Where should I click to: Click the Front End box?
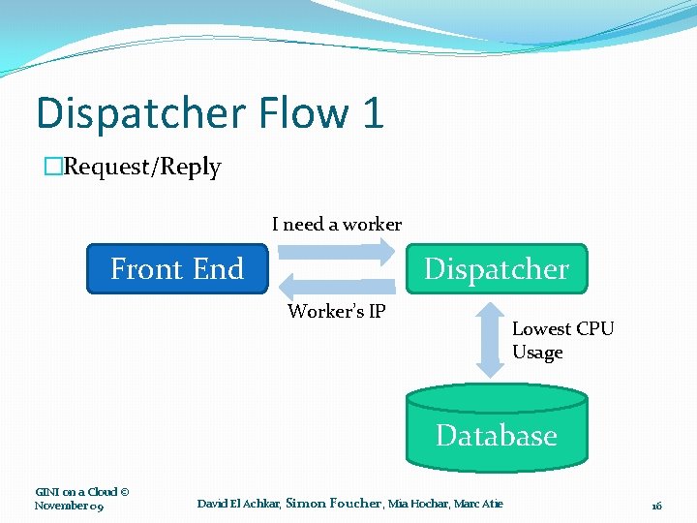tap(177, 268)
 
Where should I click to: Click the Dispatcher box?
tap(496, 268)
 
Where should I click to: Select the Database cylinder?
tap(496, 426)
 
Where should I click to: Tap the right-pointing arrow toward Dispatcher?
tap(337, 252)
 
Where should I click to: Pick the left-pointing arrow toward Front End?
tap(337, 286)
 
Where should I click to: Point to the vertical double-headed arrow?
tap(491, 337)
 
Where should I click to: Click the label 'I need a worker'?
tap(337, 224)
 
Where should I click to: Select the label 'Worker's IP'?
tap(337, 311)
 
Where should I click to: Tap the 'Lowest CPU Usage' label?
tap(562, 340)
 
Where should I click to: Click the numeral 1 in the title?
tap(373, 112)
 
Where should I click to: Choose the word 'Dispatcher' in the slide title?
tap(140, 112)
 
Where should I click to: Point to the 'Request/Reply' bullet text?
tap(141, 167)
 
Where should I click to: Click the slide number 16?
tap(656, 506)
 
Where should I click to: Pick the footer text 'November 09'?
tap(69, 506)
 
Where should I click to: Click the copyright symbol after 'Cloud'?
tap(123, 492)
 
